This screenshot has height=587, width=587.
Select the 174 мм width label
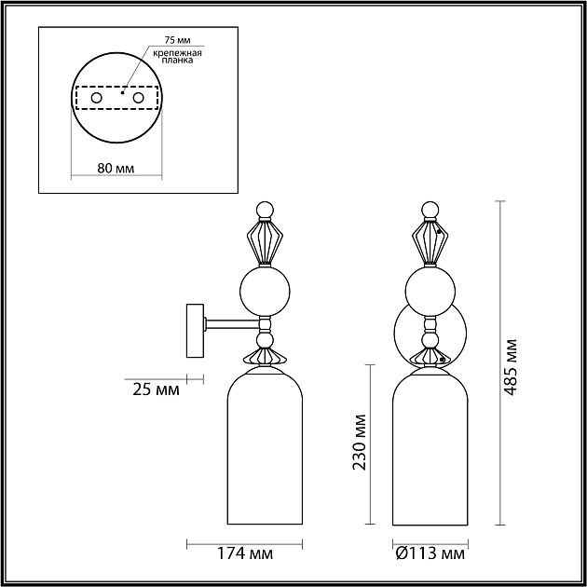[x=247, y=555]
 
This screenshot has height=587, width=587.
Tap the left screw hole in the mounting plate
[x=95, y=98]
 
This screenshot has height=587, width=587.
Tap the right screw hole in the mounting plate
[x=138, y=98]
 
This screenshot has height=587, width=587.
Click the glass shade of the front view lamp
[x=430, y=447]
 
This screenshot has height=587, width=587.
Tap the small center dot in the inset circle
[x=123, y=93]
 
